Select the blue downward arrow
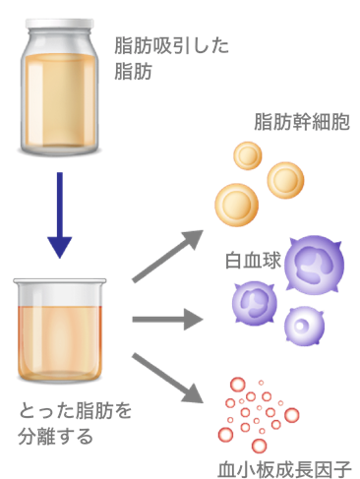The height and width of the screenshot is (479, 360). [x=60, y=211]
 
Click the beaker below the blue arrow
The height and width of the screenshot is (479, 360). [x=60, y=330]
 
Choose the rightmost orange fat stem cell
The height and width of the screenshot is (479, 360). [x=285, y=178]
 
